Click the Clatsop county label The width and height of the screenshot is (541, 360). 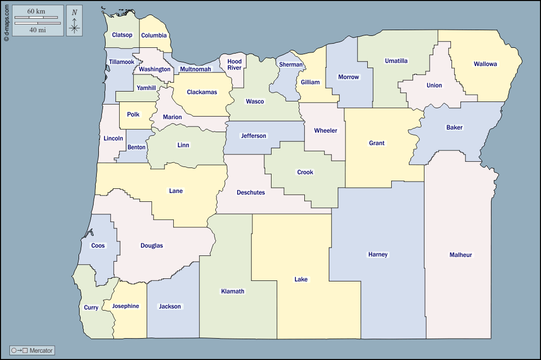pos(122,35)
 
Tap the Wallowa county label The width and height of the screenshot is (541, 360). pos(485,65)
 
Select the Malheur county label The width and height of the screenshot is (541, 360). pos(460,255)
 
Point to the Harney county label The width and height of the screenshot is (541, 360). pos(378,254)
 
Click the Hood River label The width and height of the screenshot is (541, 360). pos(235,65)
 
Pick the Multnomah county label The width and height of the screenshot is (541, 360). pos(196,69)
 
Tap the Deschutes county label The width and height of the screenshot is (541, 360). pos(251,192)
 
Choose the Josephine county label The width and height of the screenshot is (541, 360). pos(126,306)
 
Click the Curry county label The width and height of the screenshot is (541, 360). pos(91,307)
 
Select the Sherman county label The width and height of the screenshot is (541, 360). pos(291,65)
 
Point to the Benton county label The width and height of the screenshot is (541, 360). pos(137,147)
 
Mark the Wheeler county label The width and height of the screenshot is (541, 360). pos(326,131)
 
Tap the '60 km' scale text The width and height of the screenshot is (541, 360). pos(37,11)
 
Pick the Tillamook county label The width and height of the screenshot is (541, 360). pos(122,62)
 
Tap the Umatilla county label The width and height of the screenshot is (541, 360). pos(396,61)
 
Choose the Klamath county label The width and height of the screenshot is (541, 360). pos(233,291)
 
